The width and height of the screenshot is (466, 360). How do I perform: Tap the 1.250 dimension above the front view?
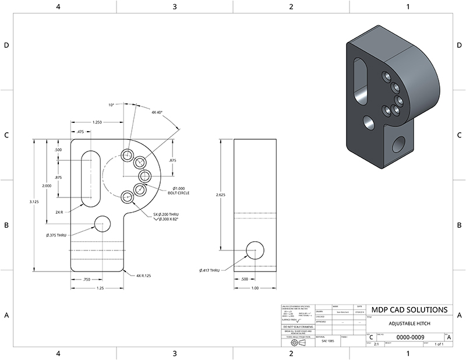[x=97, y=122]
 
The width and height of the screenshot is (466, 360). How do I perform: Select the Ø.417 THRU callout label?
[x=208, y=270]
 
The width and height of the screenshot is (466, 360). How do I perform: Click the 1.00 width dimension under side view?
[x=255, y=287]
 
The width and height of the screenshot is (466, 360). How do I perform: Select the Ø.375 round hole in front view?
[x=103, y=223]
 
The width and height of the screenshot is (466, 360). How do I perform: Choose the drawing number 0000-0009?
[x=410, y=337]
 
